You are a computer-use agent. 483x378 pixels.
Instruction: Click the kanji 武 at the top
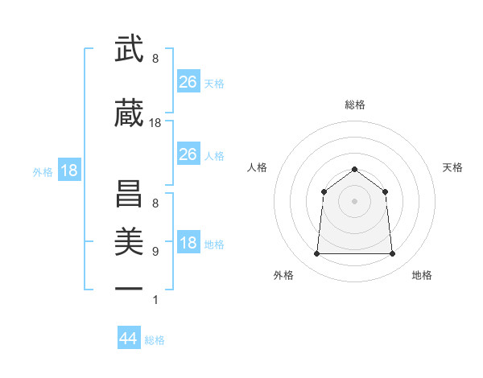click(129, 51)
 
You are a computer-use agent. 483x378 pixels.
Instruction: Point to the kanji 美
click(129, 237)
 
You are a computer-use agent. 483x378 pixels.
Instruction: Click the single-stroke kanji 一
click(129, 288)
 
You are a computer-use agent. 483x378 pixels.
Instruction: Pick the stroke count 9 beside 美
click(155, 251)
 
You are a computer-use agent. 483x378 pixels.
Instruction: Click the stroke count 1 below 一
click(155, 300)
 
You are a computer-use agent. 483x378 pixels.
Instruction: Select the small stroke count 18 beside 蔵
click(155, 123)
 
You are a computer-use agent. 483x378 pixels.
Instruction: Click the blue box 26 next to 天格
click(188, 81)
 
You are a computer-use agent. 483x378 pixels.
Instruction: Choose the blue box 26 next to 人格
click(188, 154)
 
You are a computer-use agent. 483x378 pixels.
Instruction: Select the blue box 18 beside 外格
click(68, 171)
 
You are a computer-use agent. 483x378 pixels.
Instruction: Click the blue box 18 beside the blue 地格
click(188, 243)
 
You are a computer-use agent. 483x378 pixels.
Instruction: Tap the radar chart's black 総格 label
click(354, 105)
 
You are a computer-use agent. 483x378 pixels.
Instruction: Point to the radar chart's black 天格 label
click(452, 167)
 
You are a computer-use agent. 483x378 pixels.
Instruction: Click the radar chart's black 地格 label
click(422, 275)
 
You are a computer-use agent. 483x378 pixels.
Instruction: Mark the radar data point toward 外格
click(316, 254)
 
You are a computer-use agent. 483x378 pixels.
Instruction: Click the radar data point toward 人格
click(324, 191)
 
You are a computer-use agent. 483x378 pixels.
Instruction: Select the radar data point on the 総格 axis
click(354, 169)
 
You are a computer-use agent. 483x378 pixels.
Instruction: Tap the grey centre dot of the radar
click(354, 201)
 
